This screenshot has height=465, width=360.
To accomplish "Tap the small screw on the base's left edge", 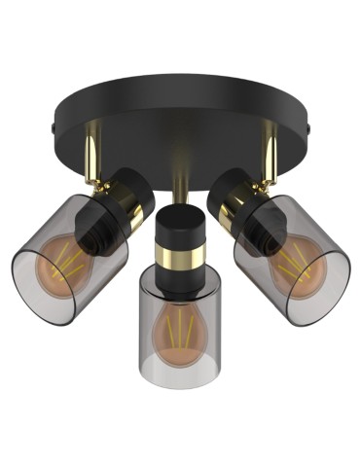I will pyautogui.click(x=52, y=126).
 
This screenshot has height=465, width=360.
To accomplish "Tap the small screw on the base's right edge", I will pyautogui.click(x=309, y=126).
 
